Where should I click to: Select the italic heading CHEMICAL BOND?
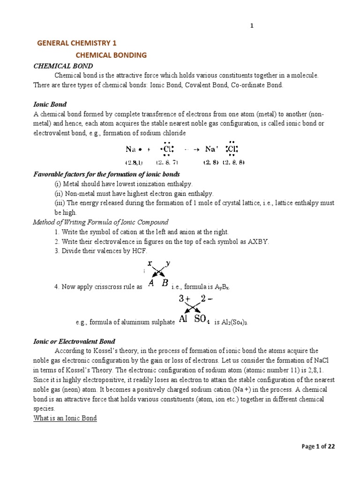[x=63, y=66]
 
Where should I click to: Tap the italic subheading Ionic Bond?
[x=50, y=104]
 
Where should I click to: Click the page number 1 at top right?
[x=252, y=26]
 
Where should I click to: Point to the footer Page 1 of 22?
[x=318, y=447]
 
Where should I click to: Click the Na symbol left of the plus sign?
[x=131, y=150]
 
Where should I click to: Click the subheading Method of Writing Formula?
[x=101, y=222]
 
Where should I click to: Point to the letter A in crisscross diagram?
[x=151, y=283]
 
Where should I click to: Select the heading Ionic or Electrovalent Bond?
[x=74, y=342]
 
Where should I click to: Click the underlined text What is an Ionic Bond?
[x=65, y=418]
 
